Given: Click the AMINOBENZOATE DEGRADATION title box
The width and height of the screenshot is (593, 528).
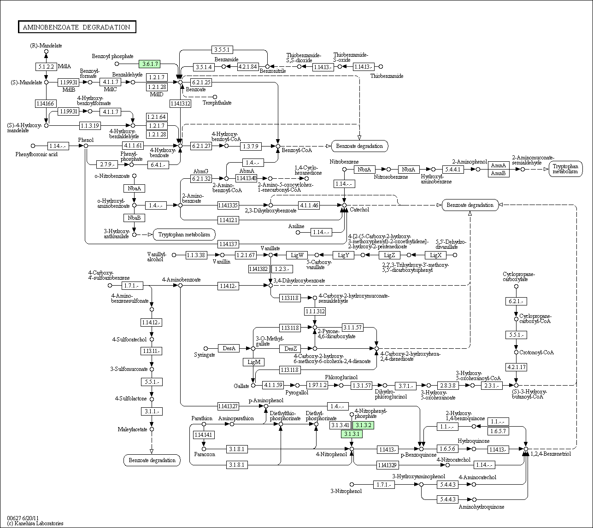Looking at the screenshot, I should pyautogui.click(x=76, y=27).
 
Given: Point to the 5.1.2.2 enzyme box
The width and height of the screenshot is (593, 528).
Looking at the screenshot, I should pyautogui.click(x=46, y=67).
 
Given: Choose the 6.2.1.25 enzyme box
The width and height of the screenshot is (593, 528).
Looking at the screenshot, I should pyautogui.click(x=201, y=82).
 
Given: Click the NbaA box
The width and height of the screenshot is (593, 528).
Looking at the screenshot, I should pyautogui.click(x=134, y=188).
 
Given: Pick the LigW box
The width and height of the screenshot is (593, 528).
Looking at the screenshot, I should pyautogui.click(x=297, y=255).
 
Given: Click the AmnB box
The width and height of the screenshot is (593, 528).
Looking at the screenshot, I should pyautogui.click(x=498, y=173).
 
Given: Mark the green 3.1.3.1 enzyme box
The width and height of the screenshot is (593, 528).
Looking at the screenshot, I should pyautogui.click(x=352, y=434).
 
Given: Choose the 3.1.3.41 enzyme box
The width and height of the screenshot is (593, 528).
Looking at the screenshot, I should pyautogui.click(x=341, y=425).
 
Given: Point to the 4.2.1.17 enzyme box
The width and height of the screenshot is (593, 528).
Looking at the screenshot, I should pyautogui.click(x=516, y=367).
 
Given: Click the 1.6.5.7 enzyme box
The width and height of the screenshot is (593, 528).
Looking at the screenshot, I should pyautogui.click(x=498, y=431).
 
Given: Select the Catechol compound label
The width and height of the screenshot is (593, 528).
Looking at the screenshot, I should pyautogui.click(x=359, y=210).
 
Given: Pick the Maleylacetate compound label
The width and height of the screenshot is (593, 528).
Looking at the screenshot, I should pyautogui.click(x=132, y=429).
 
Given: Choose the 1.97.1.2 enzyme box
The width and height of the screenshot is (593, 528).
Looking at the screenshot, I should pyautogui.click(x=317, y=385).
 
